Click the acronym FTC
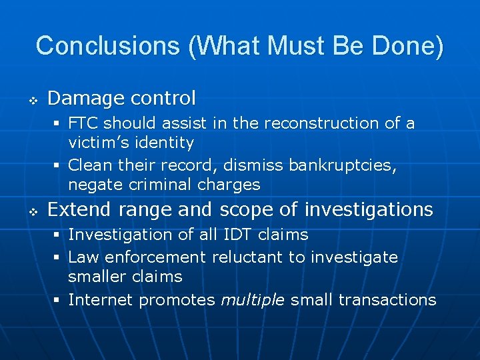coord(85,123)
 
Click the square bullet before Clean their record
coord(58,165)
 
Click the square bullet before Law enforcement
coord(58,257)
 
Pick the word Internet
coord(101,300)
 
